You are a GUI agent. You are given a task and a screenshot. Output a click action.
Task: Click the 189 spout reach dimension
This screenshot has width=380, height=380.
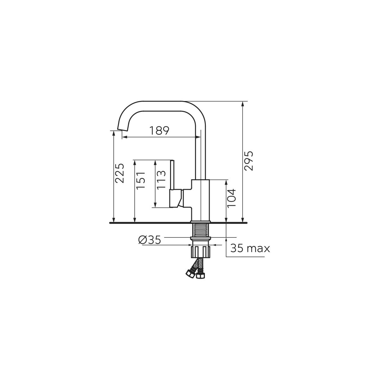click(x=159, y=130)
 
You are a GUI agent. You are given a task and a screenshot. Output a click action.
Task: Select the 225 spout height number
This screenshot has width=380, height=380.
click(x=120, y=173)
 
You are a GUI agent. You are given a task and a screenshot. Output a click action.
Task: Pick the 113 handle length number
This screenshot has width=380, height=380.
click(x=161, y=179)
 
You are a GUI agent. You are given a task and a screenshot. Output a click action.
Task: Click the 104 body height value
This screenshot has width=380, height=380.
click(x=231, y=198)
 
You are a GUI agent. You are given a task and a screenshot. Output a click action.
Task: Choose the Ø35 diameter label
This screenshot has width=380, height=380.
click(x=150, y=240)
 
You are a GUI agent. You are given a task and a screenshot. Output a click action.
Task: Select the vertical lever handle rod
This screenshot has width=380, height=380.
click(x=172, y=175)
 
